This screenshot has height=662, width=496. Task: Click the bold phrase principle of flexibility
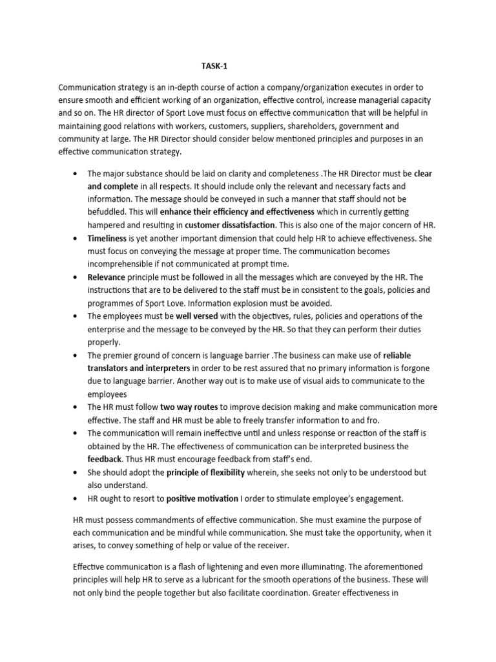(x=205, y=473)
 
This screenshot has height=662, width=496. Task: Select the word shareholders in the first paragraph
(x=317, y=126)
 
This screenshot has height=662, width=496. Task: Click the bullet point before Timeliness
(x=77, y=239)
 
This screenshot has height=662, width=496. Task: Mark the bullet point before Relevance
(x=77, y=277)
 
